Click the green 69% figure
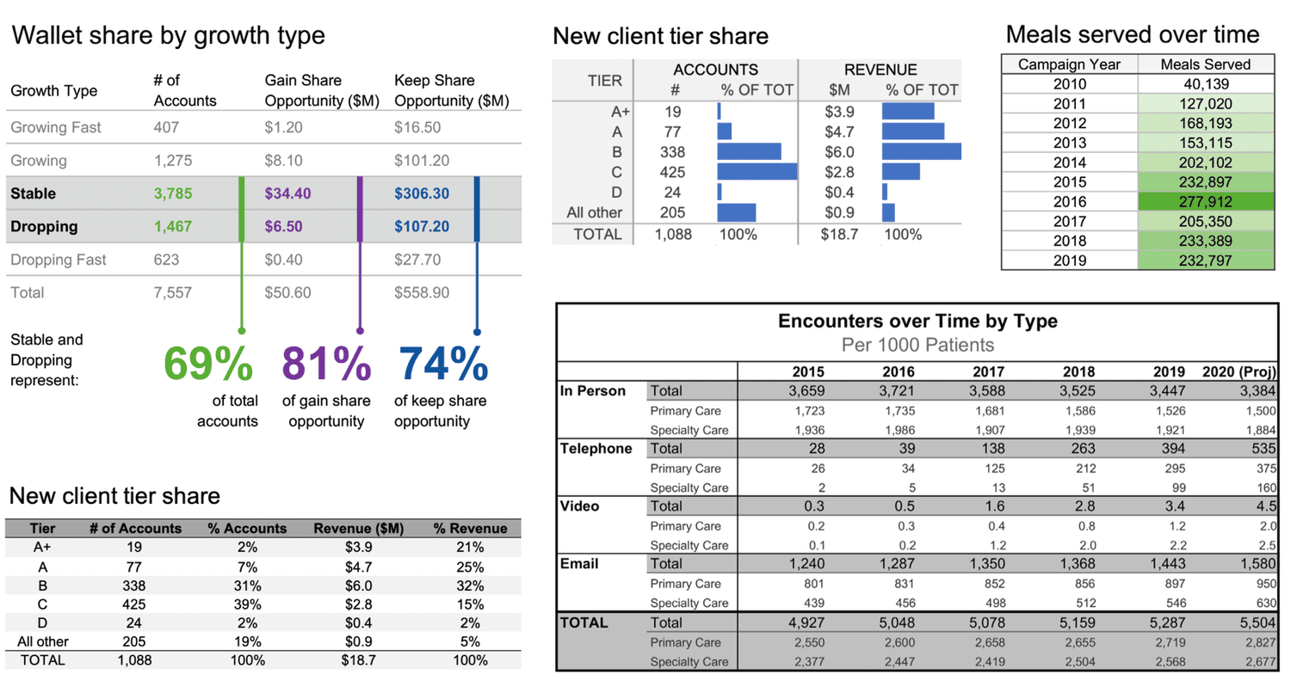point(208,364)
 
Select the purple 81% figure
point(326,364)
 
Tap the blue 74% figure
point(442,364)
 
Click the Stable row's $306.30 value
point(421,193)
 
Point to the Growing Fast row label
point(56,127)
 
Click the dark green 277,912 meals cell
point(1205,202)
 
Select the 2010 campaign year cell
point(1069,84)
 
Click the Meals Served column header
point(1205,64)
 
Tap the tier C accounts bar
point(757,172)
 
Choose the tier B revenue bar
point(921,152)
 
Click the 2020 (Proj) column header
point(1238,371)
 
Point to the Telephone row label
point(596,449)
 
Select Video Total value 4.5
point(1264,506)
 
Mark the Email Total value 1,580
point(1257,564)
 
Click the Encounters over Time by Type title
point(917,322)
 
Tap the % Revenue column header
point(470,529)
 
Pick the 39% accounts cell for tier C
point(247,604)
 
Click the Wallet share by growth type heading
point(168,35)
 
